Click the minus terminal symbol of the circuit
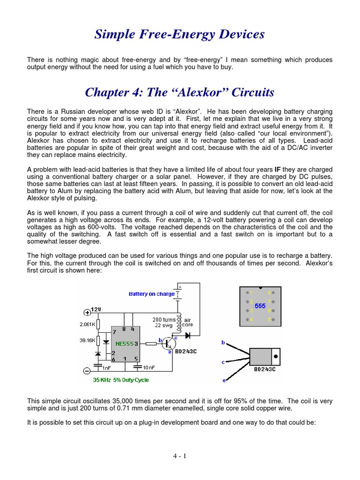point(87,370)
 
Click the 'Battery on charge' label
point(151,294)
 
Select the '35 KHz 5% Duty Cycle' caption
point(121,380)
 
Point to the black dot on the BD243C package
point(276,356)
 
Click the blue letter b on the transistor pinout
point(224,343)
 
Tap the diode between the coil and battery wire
point(188,336)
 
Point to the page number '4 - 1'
point(180,455)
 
